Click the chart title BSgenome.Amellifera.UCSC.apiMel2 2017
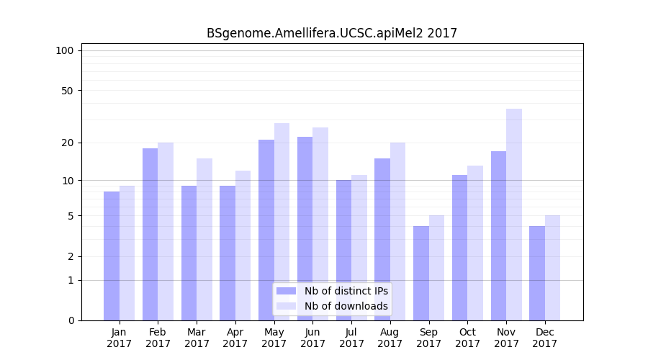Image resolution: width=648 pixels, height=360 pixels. (332, 33)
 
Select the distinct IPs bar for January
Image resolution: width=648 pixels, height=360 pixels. (112, 256)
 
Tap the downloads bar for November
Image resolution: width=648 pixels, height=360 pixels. (514, 215)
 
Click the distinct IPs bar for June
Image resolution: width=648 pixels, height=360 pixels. (305, 228)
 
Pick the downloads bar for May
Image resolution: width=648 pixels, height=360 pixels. (282, 222)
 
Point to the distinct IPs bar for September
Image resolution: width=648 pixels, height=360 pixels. (421, 273)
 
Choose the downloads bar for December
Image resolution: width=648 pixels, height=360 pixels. (552, 268)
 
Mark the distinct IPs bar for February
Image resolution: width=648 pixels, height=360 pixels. (150, 234)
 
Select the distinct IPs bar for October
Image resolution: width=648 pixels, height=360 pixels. (459, 248)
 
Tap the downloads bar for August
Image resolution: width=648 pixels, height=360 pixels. (398, 231)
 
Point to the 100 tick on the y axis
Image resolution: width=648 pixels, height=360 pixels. (65, 50)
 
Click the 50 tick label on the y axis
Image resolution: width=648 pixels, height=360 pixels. (67, 91)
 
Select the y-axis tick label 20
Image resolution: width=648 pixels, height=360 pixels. (67, 143)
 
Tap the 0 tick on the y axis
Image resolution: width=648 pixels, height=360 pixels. (71, 320)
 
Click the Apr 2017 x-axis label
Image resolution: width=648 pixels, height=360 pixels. (235, 338)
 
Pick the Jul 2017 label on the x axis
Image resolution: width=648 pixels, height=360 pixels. (351, 338)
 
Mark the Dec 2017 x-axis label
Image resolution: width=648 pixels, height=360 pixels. (544, 338)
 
